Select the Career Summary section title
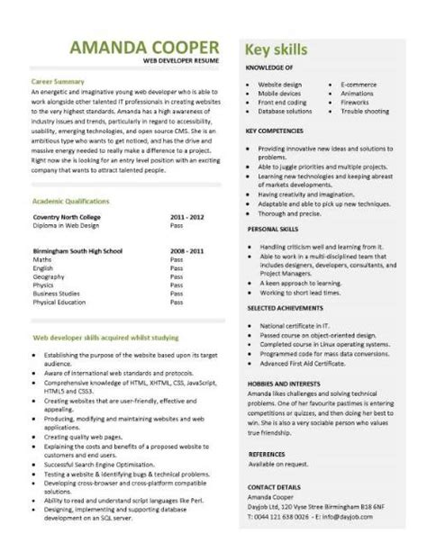tap(59, 81)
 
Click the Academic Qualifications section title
tap(70, 201)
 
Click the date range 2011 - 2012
tap(187, 217)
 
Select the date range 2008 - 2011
tap(187, 250)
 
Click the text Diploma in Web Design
tap(68, 226)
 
